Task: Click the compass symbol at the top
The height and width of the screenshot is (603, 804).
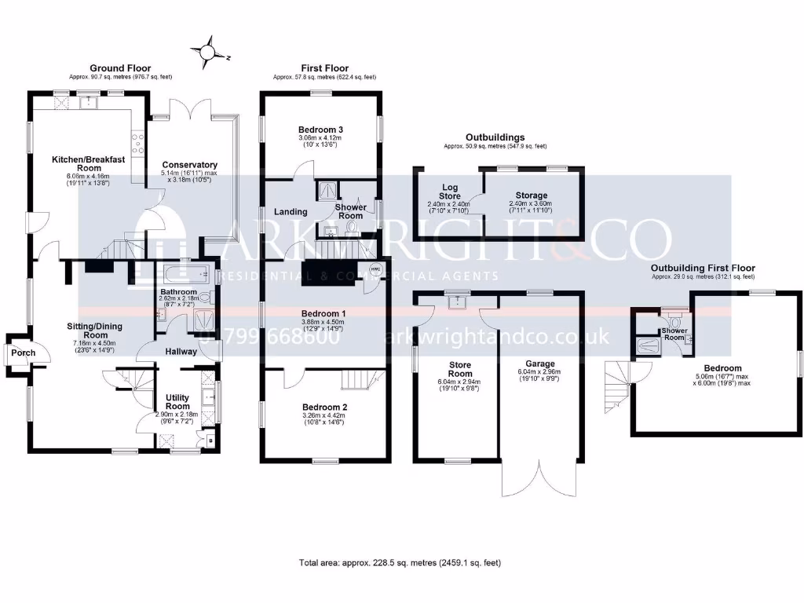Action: [x=207, y=52]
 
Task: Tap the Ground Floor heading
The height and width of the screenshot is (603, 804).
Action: [x=120, y=68]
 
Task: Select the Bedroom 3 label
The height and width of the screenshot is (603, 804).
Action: [x=321, y=130]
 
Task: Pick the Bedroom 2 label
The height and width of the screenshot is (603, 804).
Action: [x=324, y=407]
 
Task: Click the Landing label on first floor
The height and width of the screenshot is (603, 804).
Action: [x=290, y=212]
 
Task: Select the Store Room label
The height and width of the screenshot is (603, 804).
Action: [x=460, y=369]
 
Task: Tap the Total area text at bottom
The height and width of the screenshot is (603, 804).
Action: [x=400, y=563]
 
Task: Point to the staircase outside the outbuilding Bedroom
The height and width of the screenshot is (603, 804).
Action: [x=619, y=384]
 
